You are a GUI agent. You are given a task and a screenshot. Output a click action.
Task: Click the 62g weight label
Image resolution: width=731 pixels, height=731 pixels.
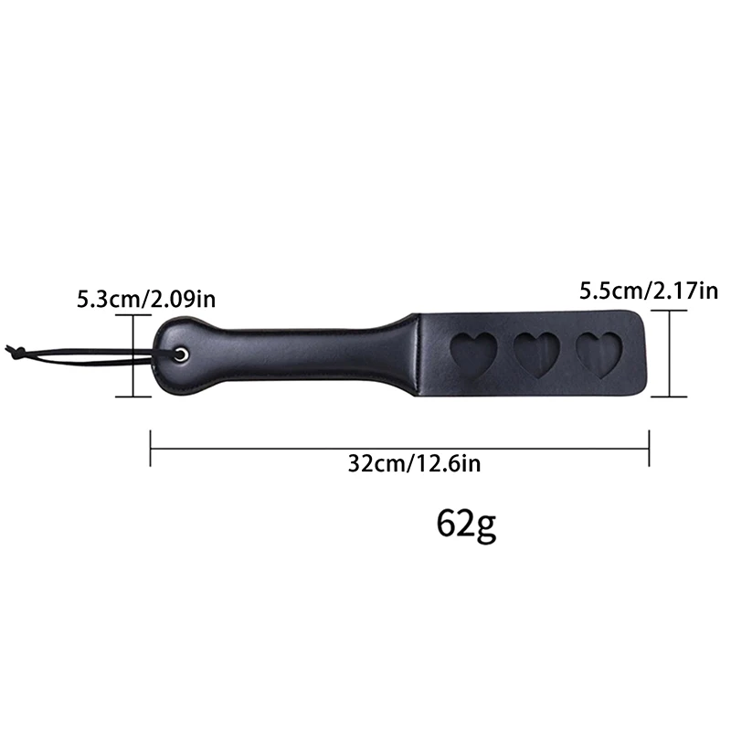(x=466, y=525)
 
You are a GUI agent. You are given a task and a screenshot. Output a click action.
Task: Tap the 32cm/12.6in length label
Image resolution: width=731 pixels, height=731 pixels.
(x=414, y=463)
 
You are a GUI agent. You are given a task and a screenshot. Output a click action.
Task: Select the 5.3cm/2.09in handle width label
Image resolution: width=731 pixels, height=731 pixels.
(x=146, y=298)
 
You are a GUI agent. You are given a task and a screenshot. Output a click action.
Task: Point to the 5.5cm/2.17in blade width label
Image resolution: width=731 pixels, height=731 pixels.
(x=649, y=291)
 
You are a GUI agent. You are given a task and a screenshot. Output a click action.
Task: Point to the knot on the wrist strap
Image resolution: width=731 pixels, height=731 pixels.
(x=13, y=349)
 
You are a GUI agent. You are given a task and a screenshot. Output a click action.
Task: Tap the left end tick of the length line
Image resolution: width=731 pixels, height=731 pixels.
(x=151, y=448)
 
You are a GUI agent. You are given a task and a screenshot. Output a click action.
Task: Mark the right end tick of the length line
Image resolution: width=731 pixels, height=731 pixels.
(x=649, y=448)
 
